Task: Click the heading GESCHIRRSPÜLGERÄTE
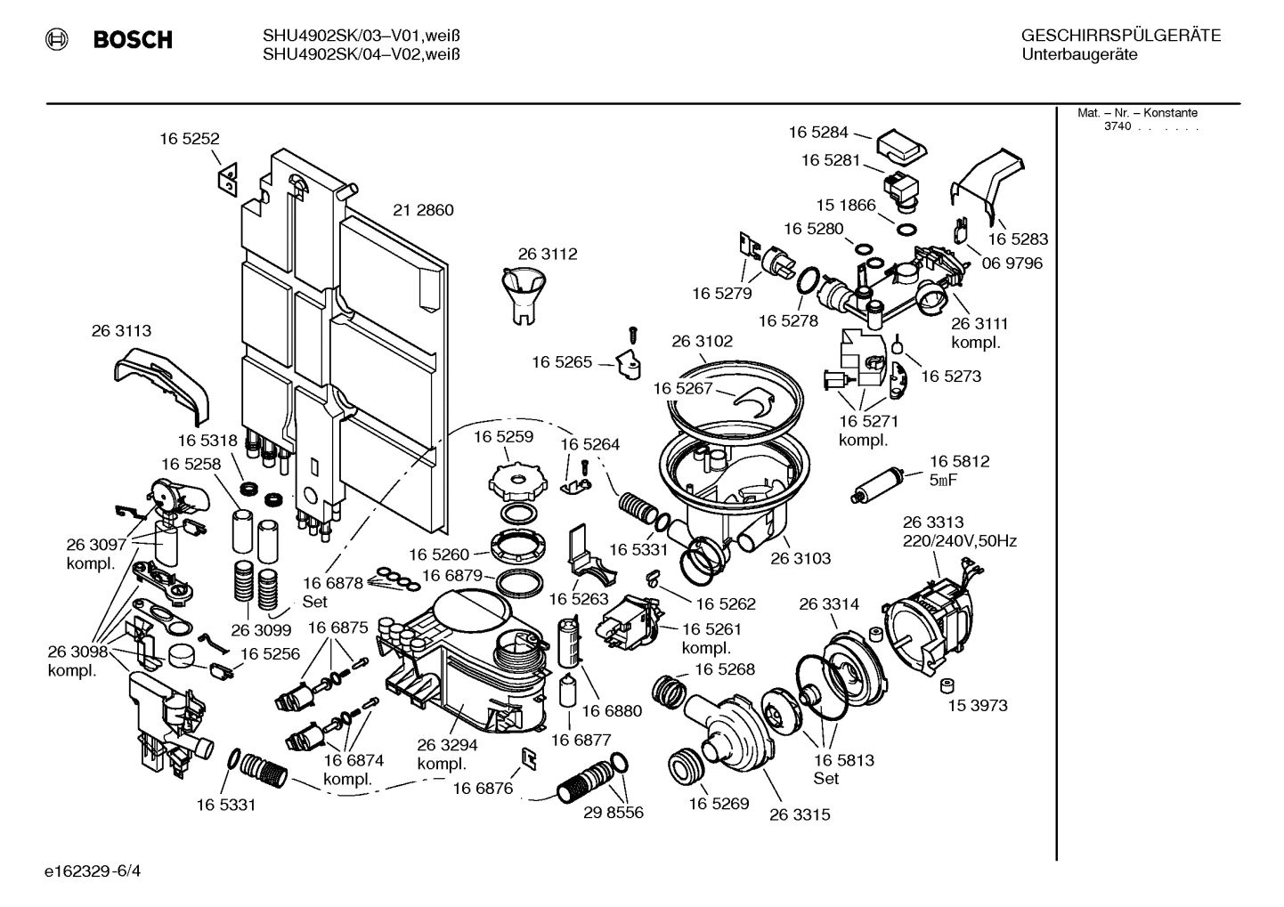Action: pos(1120,36)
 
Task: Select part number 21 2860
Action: pos(423,211)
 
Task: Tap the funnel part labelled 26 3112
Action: pos(524,293)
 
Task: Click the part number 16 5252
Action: pos(189,139)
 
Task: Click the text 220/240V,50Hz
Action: pos(960,541)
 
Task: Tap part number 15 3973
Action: pos(977,706)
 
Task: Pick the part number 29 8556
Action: pos(613,813)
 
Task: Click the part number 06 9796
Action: pos(1012,263)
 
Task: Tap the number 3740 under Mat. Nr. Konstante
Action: pos(1117,126)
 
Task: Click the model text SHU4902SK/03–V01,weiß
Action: pos(362,36)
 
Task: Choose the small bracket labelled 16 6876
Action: pos(529,757)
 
